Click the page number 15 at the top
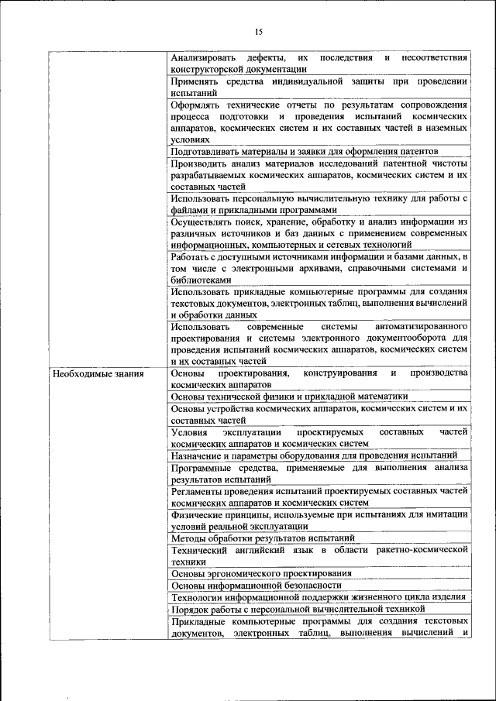click(259, 32)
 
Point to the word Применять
click(195, 81)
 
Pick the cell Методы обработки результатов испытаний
click(263, 538)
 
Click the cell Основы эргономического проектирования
click(261, 573)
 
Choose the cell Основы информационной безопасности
click(256, 585)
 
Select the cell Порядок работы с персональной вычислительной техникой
click(298, 609)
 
